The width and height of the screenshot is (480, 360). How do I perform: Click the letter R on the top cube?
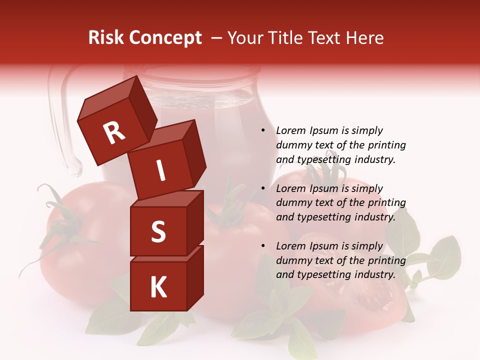click(x=114, y=133)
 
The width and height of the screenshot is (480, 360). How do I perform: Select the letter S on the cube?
click(x=158, y=231)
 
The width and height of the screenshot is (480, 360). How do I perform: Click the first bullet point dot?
click(x=263, y=130)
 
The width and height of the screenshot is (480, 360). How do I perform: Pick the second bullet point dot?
click(x=263, y=188)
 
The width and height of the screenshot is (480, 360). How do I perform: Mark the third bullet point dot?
click(x=263, y=246)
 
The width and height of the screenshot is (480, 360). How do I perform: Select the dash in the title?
click(x=217, y=38)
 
